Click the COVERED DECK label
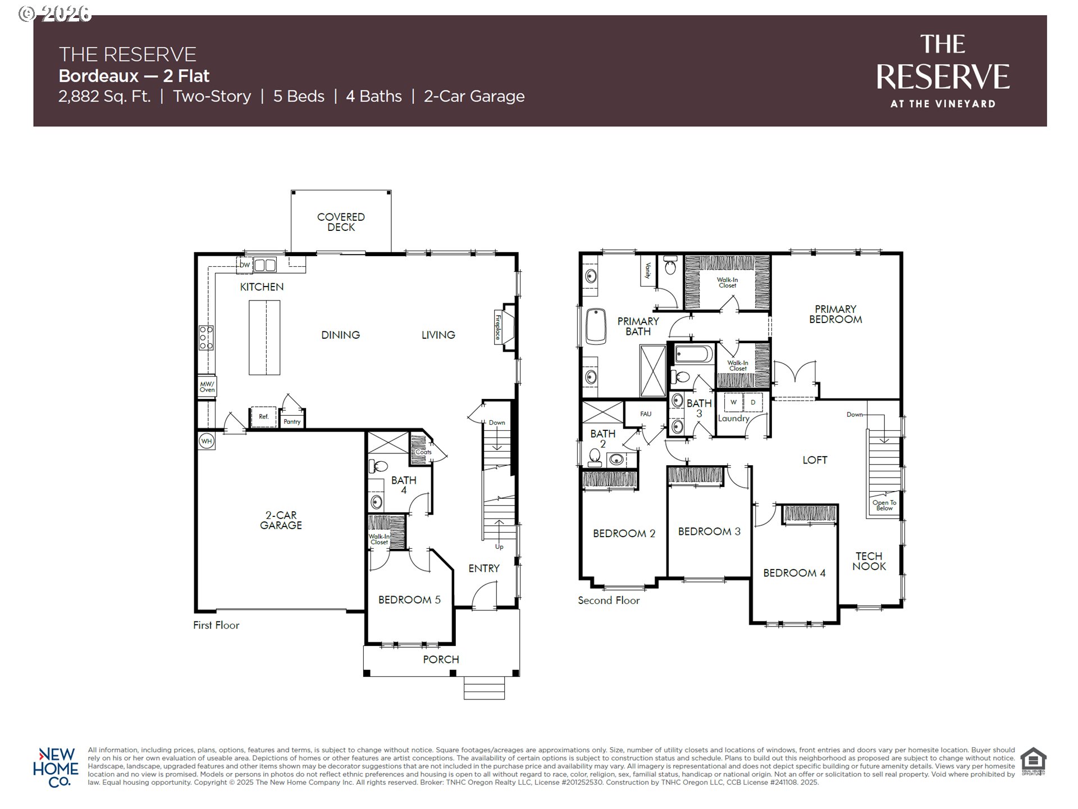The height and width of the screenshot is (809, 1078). (x=341, y=222)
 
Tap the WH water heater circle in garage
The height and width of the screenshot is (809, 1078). (x=207, y=441)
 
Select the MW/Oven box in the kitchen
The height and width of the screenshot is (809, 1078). (x=207, y=387)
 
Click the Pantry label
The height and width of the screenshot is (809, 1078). (x=292, y=421)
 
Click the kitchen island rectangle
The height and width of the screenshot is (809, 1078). (x=264, y=337)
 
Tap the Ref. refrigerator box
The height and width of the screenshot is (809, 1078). (x=263, y=417)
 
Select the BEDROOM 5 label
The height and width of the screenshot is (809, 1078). (x=409, y=599)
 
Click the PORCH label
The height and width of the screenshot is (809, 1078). (x=441, y=659)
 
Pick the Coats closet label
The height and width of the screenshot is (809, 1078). (x=423, y=452)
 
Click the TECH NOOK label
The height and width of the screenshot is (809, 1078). (x=869, y=561)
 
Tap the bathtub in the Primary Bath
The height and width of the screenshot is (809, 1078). (x=596, y=326)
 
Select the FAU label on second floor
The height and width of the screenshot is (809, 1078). (x=646, y=414)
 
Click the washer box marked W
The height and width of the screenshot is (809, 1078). (x=733, y=402)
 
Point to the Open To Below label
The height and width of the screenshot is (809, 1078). (x=884, y=506)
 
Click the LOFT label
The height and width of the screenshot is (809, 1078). (x=815, y=460)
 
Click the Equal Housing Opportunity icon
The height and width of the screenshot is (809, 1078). (x=1033, y=761)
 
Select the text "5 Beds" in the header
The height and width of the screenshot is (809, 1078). (x=299, y=97)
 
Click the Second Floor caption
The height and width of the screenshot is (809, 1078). (x=609, y=601)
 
